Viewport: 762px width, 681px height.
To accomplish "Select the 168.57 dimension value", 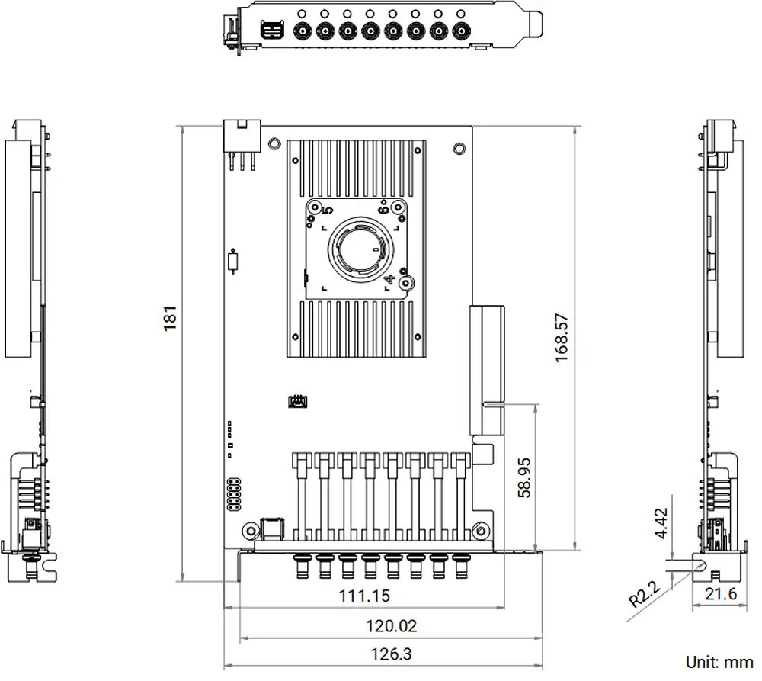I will [562, 338].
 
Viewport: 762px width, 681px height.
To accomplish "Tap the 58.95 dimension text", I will [525, 478].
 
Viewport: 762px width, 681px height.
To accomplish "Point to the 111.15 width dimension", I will [364, 595].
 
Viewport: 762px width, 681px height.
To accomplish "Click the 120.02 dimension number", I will [392, 626].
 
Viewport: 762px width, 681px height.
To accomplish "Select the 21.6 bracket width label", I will [720, 593].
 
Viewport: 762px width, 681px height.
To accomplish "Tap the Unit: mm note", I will [719, 662].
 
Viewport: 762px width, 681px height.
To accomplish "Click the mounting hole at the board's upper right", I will [458, 148].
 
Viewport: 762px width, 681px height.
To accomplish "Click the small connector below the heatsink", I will [297, 400].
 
